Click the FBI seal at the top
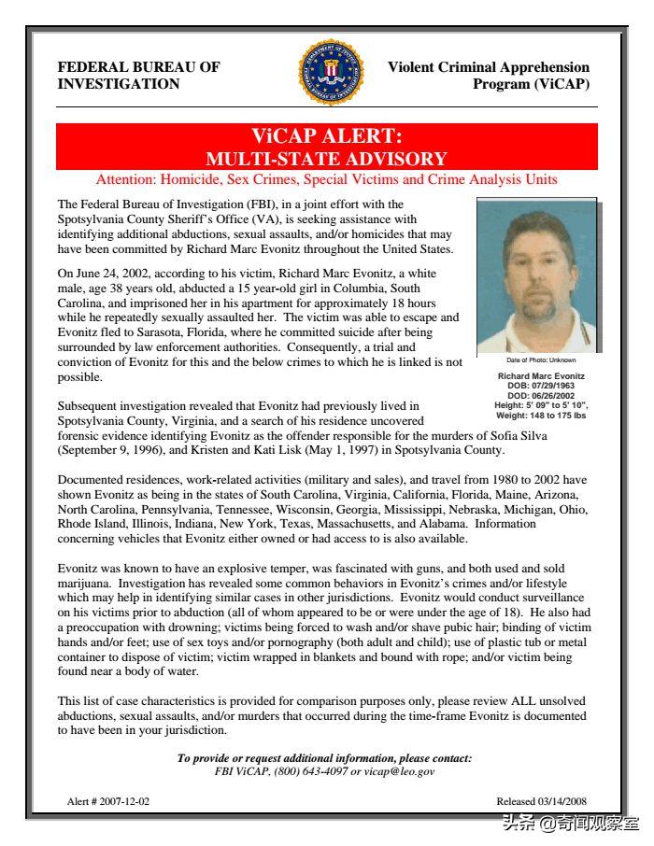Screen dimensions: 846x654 331,72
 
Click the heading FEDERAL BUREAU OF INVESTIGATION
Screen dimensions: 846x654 139,76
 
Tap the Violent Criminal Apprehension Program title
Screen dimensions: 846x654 489,76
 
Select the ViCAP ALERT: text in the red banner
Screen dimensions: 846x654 326,136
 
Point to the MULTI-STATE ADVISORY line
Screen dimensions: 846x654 326,159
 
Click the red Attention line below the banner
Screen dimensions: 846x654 326,179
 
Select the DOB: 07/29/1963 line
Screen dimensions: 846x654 541,386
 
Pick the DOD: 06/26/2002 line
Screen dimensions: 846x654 541,395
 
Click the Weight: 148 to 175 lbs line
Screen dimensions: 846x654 541,415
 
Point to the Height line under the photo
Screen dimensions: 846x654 541,405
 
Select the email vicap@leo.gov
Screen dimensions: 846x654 400,772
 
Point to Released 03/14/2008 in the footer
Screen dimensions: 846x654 541,802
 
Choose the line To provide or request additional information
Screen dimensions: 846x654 325,758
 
